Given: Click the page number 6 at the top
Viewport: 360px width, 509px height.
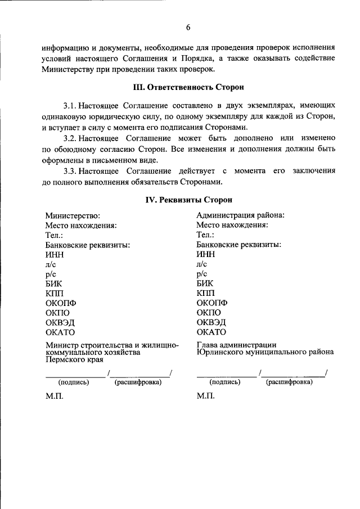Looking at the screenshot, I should point(188,27).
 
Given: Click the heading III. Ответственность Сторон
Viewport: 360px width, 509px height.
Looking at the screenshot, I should point(188,87).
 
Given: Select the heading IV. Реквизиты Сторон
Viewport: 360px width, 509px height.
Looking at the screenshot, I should point(188,199).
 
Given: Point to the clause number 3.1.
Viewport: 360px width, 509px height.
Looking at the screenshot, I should point(70,105).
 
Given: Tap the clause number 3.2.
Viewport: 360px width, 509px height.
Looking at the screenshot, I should point(70,138).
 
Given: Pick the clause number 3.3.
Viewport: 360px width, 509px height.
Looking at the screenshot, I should point(70,171).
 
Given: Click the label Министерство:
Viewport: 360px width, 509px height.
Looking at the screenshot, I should point(73,215).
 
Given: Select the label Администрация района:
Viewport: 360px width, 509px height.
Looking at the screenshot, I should point(240,215).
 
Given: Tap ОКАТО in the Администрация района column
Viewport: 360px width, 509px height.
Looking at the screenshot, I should point(211,332).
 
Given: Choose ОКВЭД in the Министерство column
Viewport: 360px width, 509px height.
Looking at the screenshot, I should point(60,323).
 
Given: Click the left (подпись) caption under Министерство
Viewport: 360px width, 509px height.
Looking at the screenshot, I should point(73,382).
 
